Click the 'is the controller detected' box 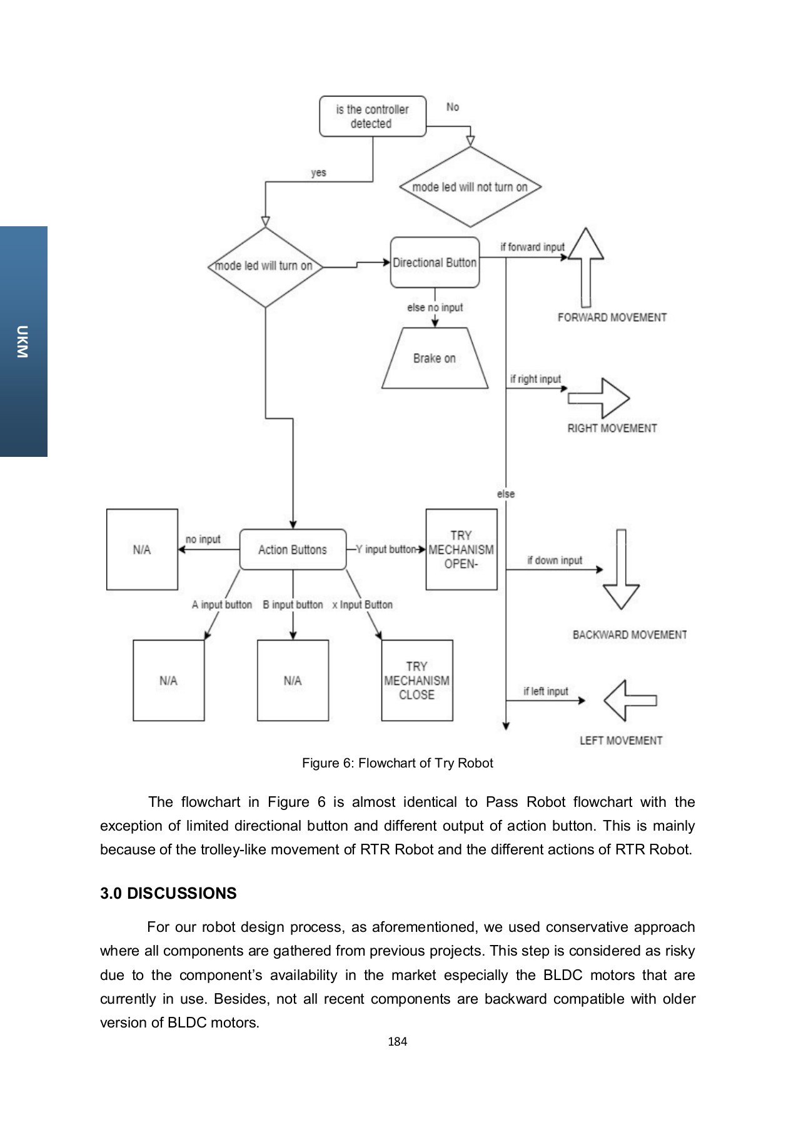pos(373,116)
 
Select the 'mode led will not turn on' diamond pos(470,187)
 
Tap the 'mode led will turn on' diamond pos(265,266)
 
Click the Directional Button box pos(435,262)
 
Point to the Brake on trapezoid pos(435,358)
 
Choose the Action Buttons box pos(293,549)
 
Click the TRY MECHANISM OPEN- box pos(461,549)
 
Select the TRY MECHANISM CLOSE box pos(417,681)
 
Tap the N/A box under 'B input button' pos(293,681)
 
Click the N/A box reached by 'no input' pos(142,549)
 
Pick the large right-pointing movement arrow pos(599,398)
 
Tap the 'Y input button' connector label pos(386,549)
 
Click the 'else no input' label pos(435,307)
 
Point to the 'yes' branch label pos(318,172)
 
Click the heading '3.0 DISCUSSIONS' pos(168,893)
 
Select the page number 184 pos(398,1042)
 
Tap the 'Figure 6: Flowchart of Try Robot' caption pos(398,763)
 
